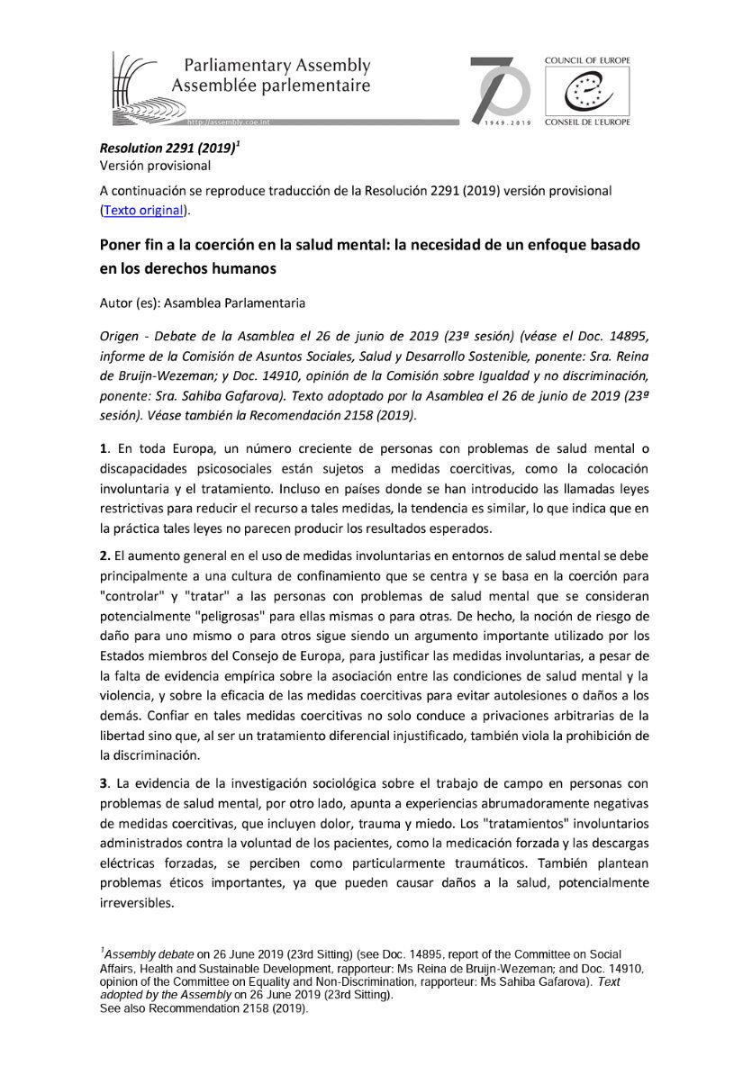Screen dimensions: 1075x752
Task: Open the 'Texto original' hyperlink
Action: click(143, 210)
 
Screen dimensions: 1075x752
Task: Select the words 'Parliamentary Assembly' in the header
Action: click(276, 66)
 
